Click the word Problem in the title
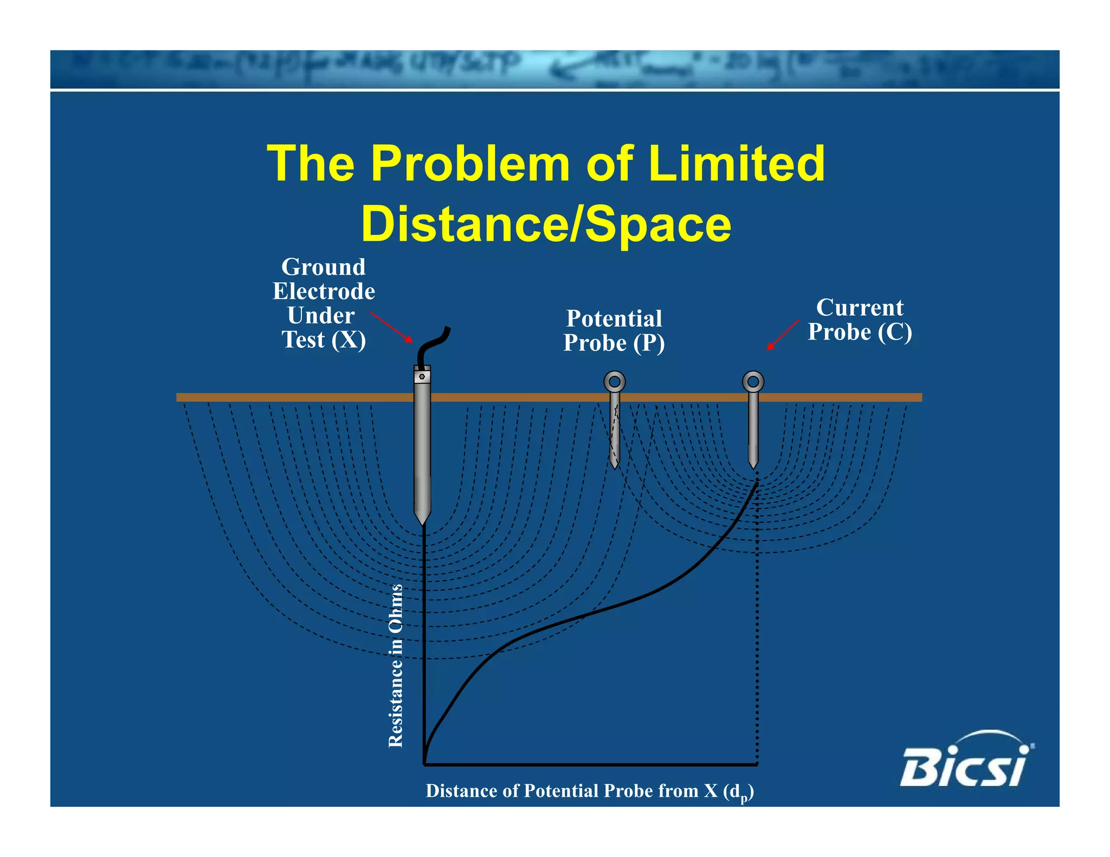click(x=469, y=164)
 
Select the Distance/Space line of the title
click(x=546, y=224)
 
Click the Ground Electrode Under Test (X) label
click(x=324, y=303)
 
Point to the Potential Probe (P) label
click(x=614, y=330)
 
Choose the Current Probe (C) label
click(x=860, y=320)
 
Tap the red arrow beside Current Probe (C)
click(x=783, y=335)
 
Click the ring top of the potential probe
click(x=614, y=382)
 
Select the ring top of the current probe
click(x=753, y=382)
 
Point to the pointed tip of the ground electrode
click(x=422, y=521)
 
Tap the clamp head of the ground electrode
click(x=422, y=375)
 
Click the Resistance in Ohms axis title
click(x=396, y=666)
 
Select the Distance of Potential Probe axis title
click(x=589, y=791)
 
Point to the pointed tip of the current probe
click(x=753, y=465)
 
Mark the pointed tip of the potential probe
click(x=614, y=465)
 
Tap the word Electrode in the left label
click(x=324, y=291)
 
